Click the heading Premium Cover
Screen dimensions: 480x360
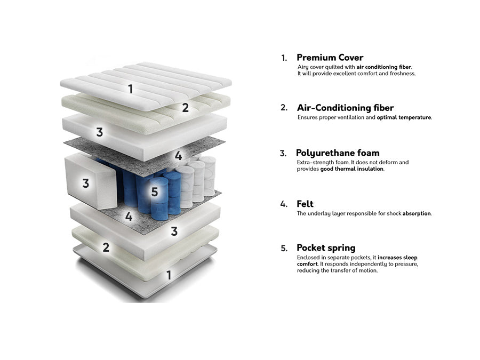[x=330, y=58]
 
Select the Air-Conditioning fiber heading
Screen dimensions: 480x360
[x=345, y=108]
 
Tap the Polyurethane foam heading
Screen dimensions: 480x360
[x=338, y=153]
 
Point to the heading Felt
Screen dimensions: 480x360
[x=305, y=204]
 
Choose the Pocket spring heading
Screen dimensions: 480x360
[x=326, y=247]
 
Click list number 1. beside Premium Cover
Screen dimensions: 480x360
[x=284, y=58]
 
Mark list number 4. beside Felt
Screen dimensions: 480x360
[x=284, y=204]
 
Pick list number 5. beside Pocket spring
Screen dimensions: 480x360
[x=284, y=248]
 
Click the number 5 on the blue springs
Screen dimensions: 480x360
[x=155, y=192]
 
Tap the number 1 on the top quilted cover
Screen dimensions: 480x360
[x=131, y=89]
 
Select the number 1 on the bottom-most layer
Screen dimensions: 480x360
[x=169, y=275]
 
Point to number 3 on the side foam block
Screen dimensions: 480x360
[x=86, y=183]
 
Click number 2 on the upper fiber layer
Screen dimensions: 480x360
[x=185, y=107]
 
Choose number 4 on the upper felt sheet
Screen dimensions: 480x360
[x=179, y=156]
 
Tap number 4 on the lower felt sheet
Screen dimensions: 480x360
[x=129, y=217]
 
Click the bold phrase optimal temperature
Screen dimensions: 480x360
[x=404, y=117]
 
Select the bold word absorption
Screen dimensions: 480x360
[x=417, y=214]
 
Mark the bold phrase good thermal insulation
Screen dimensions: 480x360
[x=352, y=169]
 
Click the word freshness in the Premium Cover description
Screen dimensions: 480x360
[x=402, y=74]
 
